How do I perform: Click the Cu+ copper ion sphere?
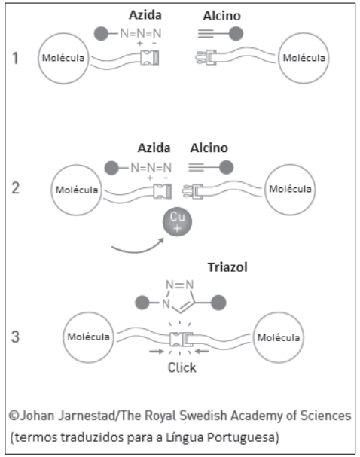click(177, 221)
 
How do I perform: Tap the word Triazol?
click(227, 267)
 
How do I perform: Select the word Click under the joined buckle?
click(182, 367)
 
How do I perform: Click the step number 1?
click(16, 58)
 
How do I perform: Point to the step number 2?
click(16, 188)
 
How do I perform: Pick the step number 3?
click(16, 337)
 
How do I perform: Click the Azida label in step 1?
click(145, 15)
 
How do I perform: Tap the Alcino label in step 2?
click(209, 148)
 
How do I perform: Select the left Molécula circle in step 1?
click(63, 58)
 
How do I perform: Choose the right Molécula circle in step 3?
click(279, 337)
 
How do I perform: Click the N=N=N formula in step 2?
click(151, 168)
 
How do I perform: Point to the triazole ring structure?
click(179, 296)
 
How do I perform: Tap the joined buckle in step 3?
click(181, 339)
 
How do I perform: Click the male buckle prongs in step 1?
click(206, 57)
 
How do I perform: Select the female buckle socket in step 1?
click(150, 58)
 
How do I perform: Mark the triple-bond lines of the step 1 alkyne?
click(206, 34)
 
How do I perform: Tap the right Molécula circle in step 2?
click(290, 190)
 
